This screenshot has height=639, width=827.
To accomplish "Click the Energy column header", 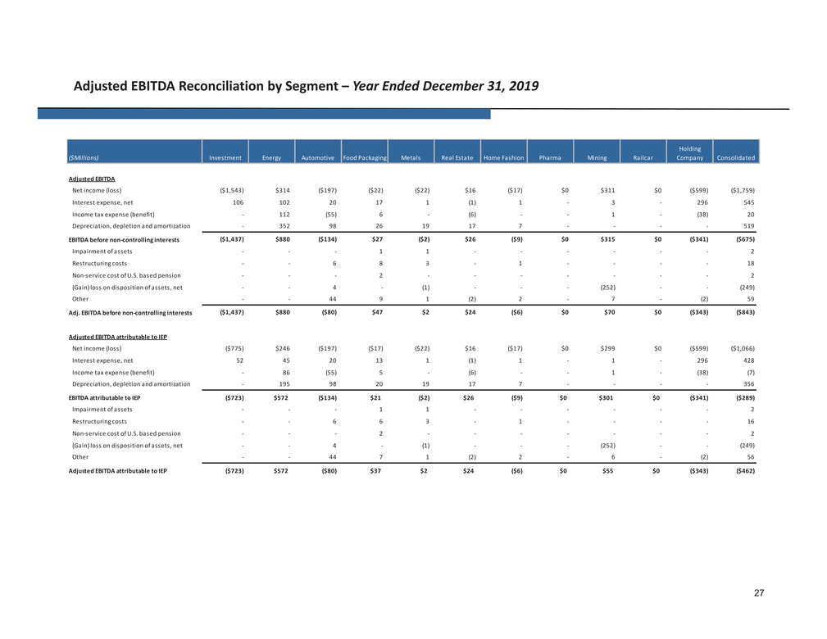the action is [271, 157].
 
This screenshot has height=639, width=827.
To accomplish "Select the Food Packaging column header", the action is [365, 157].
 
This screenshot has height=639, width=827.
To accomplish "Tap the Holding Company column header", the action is [690, 153].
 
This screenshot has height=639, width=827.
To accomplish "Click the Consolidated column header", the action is [736, 157].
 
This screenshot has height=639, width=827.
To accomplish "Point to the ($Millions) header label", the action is [84, 157].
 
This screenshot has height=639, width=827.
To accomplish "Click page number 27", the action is [759, 593].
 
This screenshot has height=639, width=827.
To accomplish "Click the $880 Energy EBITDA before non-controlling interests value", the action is [282, 239].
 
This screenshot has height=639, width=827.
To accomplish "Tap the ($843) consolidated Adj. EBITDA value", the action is [745, 312].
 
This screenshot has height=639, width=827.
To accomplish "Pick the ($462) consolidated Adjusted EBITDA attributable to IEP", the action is [745, 471].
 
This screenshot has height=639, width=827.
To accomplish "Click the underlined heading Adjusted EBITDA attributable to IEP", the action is [117, 337].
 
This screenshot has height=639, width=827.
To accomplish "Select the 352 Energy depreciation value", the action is [284, 226].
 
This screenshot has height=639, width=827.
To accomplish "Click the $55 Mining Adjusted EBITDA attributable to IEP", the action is [607, 471].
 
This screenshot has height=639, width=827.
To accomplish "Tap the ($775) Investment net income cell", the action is [234, 348].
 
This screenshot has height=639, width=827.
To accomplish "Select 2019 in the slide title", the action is [523, 86].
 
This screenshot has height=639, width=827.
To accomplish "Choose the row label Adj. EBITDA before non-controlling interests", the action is [130, 313].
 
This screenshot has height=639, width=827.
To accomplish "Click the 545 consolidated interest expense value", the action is [749, 202].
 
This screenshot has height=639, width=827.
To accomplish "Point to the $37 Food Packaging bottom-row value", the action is [375, 471].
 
